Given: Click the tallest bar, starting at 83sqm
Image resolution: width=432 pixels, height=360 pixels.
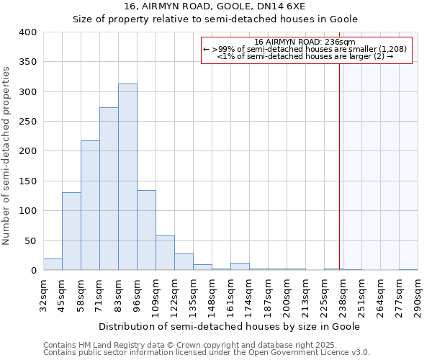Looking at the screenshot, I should point(127,177).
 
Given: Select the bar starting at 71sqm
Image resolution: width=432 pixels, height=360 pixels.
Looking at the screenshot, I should point(109,189).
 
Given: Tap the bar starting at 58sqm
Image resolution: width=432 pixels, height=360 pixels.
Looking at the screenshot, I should point(90,205).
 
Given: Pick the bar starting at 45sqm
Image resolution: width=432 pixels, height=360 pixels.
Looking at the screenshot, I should point(71,231).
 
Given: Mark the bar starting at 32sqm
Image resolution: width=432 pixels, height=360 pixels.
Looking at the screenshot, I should point(53,264).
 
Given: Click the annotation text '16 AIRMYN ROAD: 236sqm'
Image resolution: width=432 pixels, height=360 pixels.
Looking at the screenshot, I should point(305,42).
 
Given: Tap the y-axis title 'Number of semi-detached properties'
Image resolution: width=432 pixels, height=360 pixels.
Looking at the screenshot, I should point(6,156).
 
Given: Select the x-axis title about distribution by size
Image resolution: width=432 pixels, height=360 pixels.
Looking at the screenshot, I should point(229,326).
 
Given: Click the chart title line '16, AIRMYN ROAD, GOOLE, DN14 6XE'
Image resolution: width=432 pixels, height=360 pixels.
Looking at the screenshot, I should point(215,6).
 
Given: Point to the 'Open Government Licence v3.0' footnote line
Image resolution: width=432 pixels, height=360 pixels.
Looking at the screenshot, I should point(207,353).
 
